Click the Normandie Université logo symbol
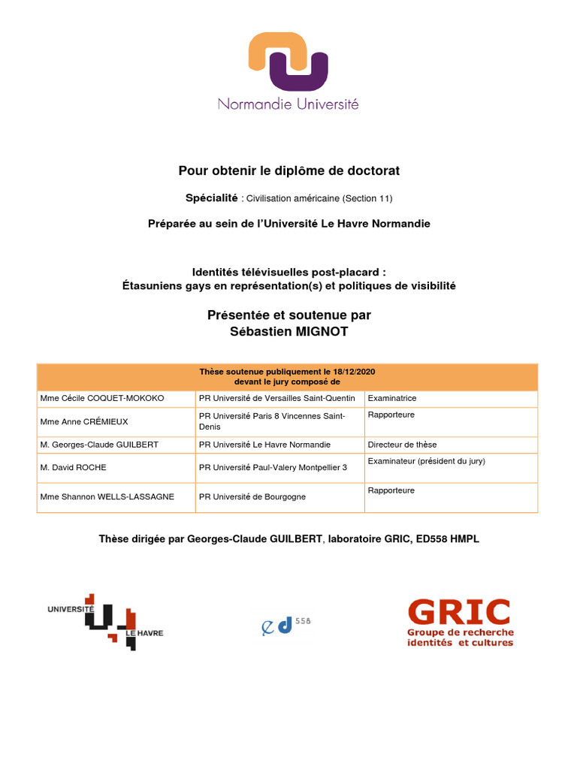pos(288,61)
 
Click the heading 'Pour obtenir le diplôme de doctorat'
pos(288,171)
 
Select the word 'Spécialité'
pos(211,198)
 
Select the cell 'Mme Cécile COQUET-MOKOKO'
pos(102,398)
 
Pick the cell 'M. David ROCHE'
pos(74,467)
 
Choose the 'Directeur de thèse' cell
pos(402,445)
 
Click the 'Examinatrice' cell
pos(392,398)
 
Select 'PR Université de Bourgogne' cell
pos(252,497)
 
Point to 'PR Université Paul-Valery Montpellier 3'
pos(273,467)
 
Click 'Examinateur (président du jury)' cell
pos(426,461)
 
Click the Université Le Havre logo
pos(105,621)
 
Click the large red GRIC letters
pos(459,612)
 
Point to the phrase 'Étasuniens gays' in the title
pos(163,286)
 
